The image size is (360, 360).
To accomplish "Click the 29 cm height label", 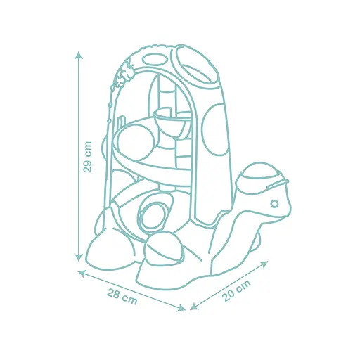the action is (x=88, y=157).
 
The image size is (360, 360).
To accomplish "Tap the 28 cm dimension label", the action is (x=122, y=296).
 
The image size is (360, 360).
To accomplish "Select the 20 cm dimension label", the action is (x=236, y=290).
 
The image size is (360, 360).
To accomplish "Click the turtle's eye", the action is (x=274, y=203).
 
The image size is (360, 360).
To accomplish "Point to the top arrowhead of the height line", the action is (x=79, y=56).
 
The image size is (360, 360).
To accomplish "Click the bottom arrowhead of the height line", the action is (x=79, y=258).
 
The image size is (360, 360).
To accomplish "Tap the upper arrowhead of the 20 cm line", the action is (x=264, y=264).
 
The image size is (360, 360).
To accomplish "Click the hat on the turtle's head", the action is (x=263, y=175).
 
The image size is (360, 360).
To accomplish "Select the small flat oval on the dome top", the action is (x=153, y=60).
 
